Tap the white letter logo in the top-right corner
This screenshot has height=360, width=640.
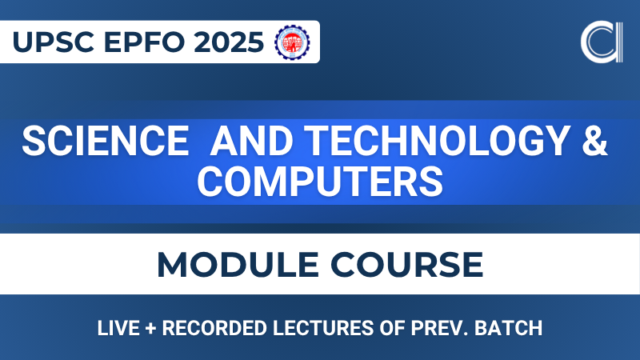(x=599, y=42)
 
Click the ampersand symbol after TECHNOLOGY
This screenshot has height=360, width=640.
(x=591, y=142)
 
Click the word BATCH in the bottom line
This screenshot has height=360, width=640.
(x=503, y=328)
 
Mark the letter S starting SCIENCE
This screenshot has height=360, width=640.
(x=34, y=142)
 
